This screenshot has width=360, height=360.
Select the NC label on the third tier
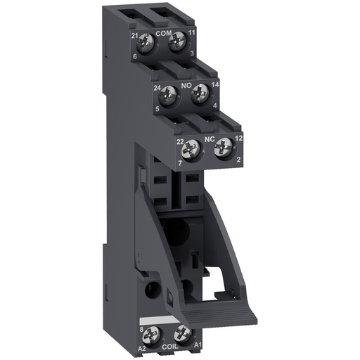[x=209, y=140]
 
